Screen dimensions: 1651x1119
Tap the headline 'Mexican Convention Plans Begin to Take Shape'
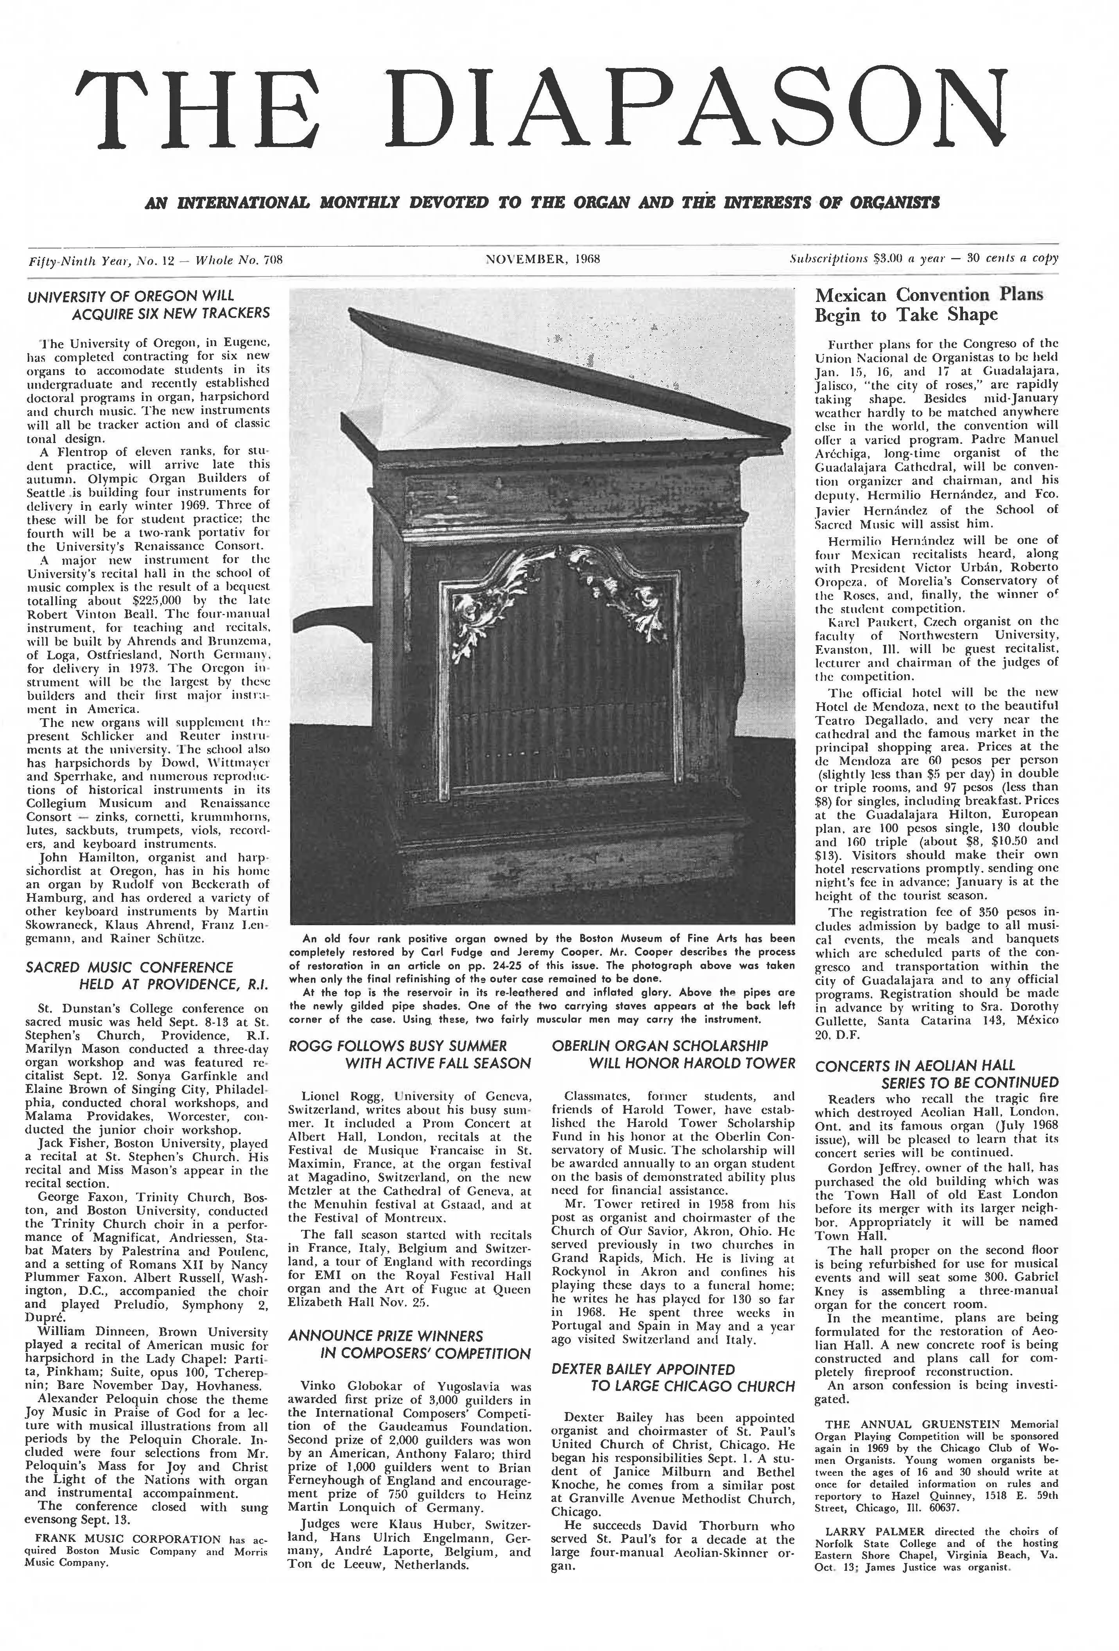[x=929, y=304]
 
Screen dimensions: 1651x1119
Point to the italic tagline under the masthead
[x=542, y=203]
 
